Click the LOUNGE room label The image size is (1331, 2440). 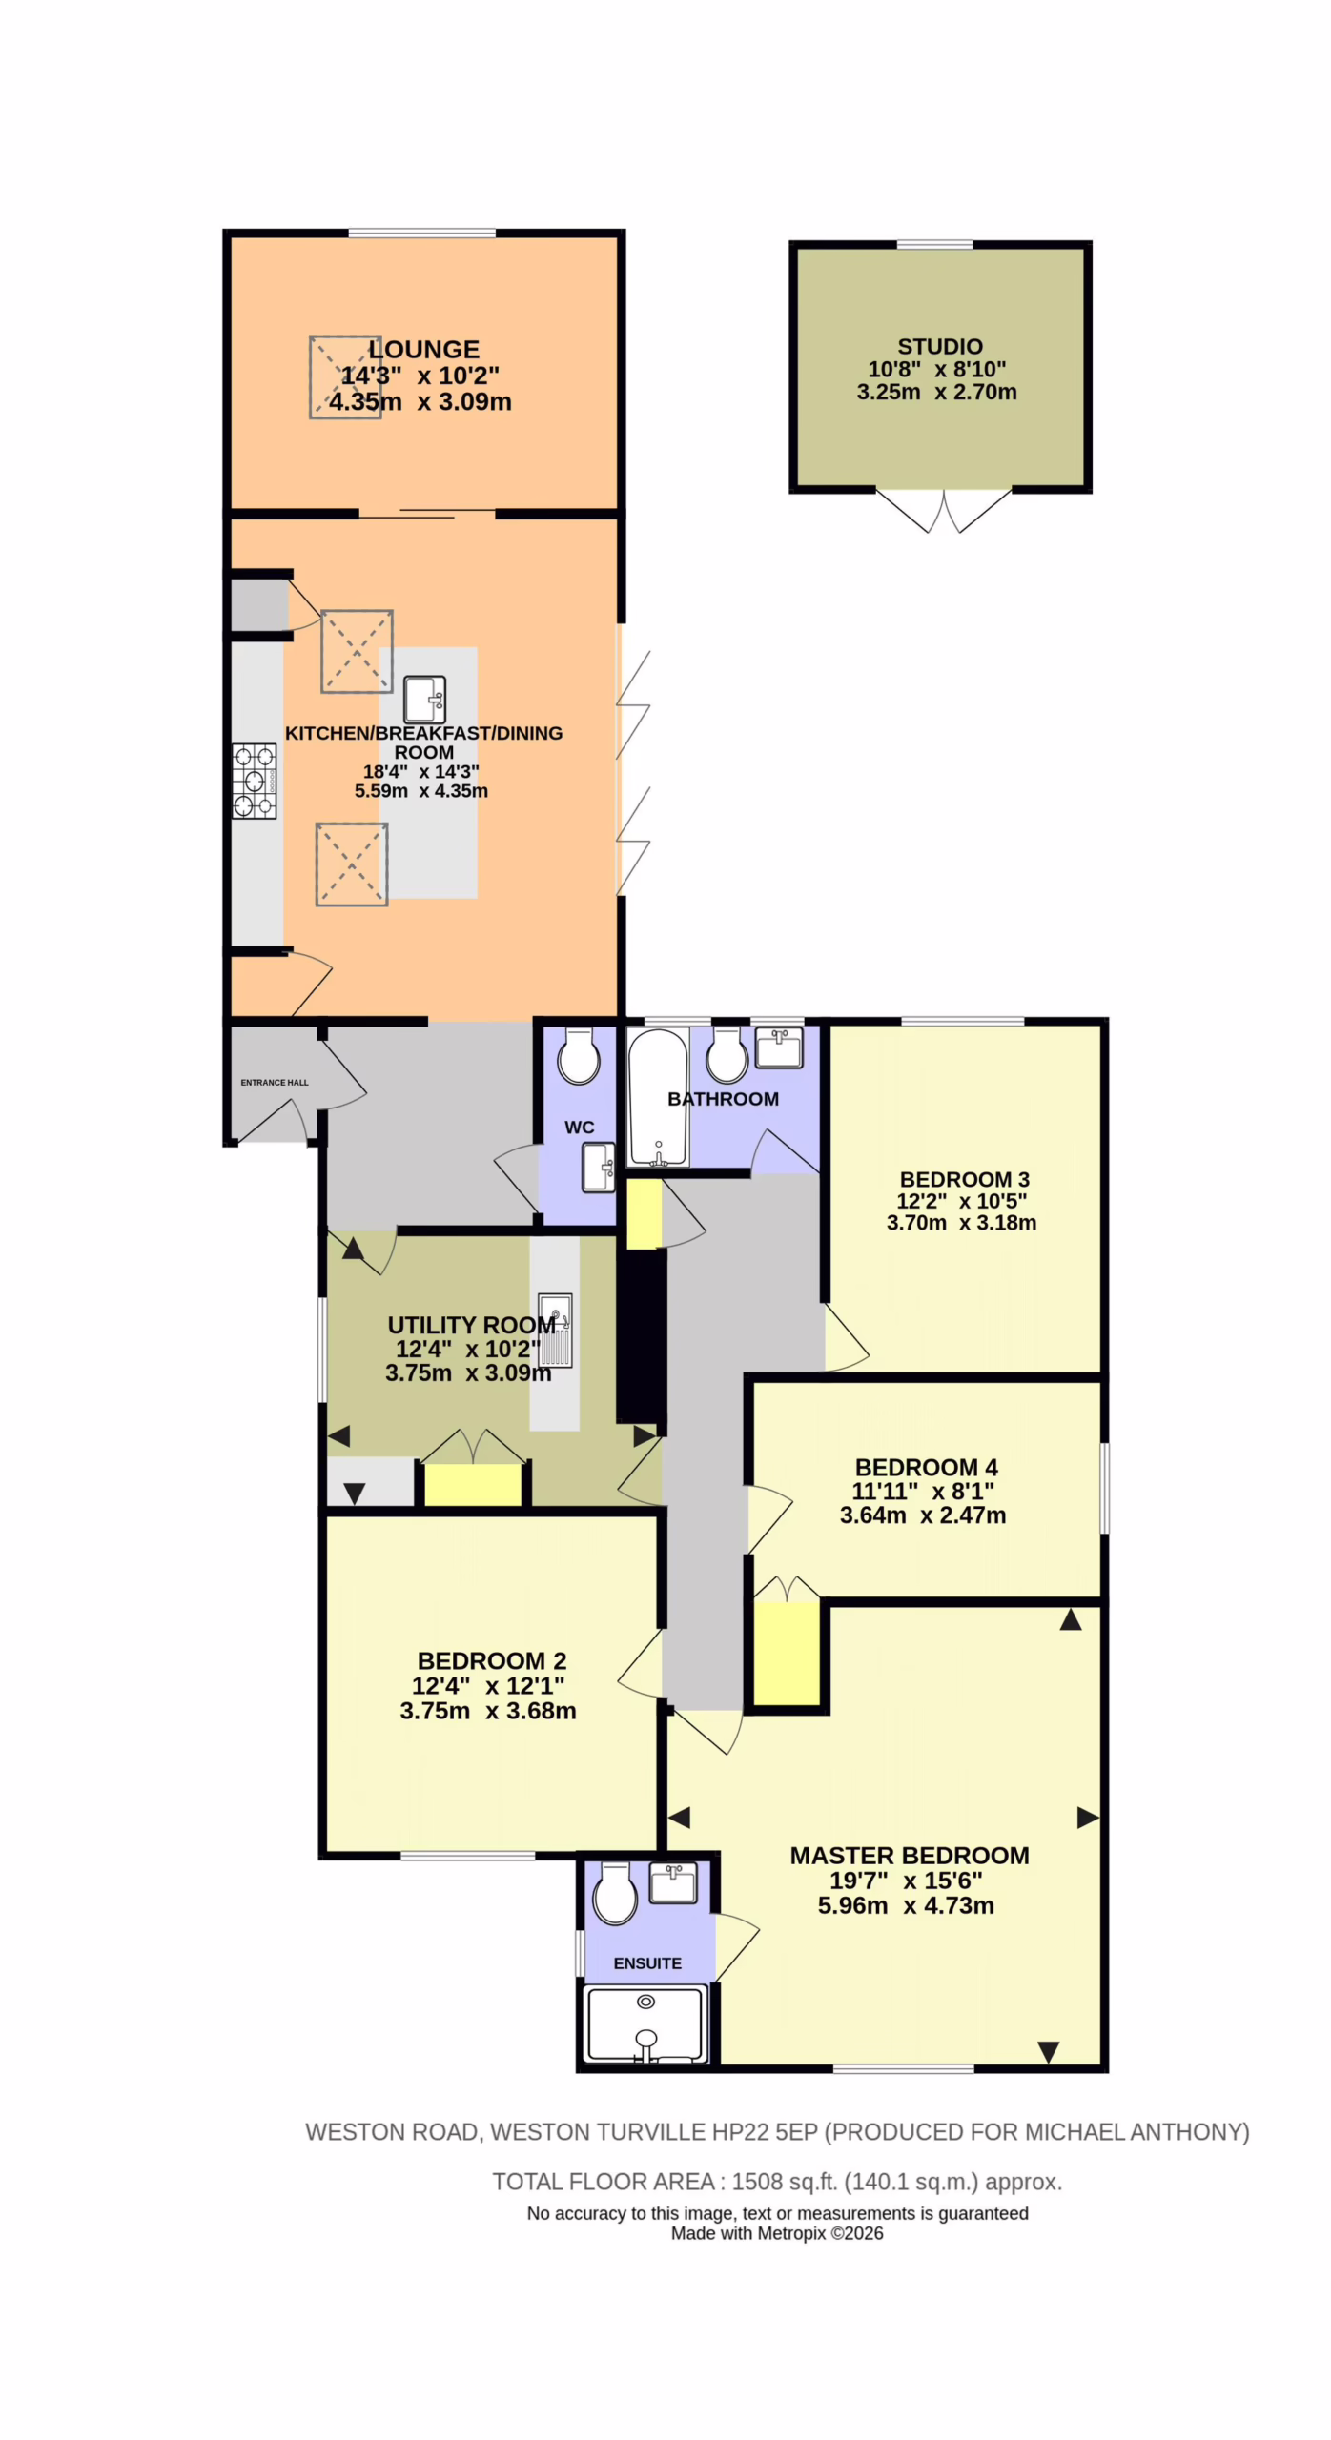[x=423, y=349]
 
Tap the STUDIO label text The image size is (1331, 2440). [x=939, y=346]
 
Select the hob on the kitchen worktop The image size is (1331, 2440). [x=255, y=781]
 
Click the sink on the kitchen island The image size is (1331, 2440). [x=425, y=700]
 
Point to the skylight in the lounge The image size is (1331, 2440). [x=345, y=376]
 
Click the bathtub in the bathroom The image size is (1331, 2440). [x=658, y=1096]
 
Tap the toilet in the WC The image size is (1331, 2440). [x=579, y=1056]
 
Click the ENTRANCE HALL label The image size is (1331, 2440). [x=275, y=1082]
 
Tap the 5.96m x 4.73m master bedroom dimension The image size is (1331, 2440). [x=906, y=1905]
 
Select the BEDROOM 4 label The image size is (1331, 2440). [x=926, y=1467]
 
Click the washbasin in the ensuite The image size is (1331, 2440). [x=673, y=1882]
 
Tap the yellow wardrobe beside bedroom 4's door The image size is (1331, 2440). [x=787, y=1654]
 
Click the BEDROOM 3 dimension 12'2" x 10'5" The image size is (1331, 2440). [x=961, y=1201]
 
